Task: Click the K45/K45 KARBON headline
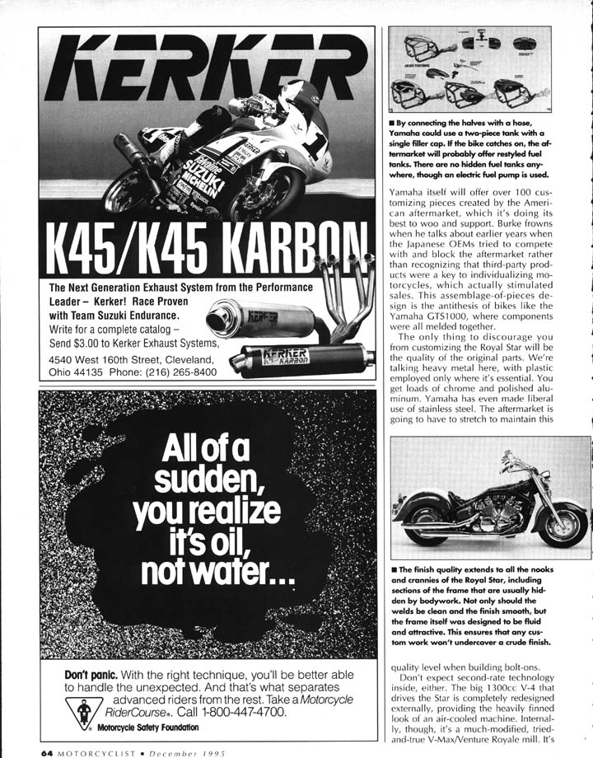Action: point(206,246)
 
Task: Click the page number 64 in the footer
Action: point(47,751)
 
